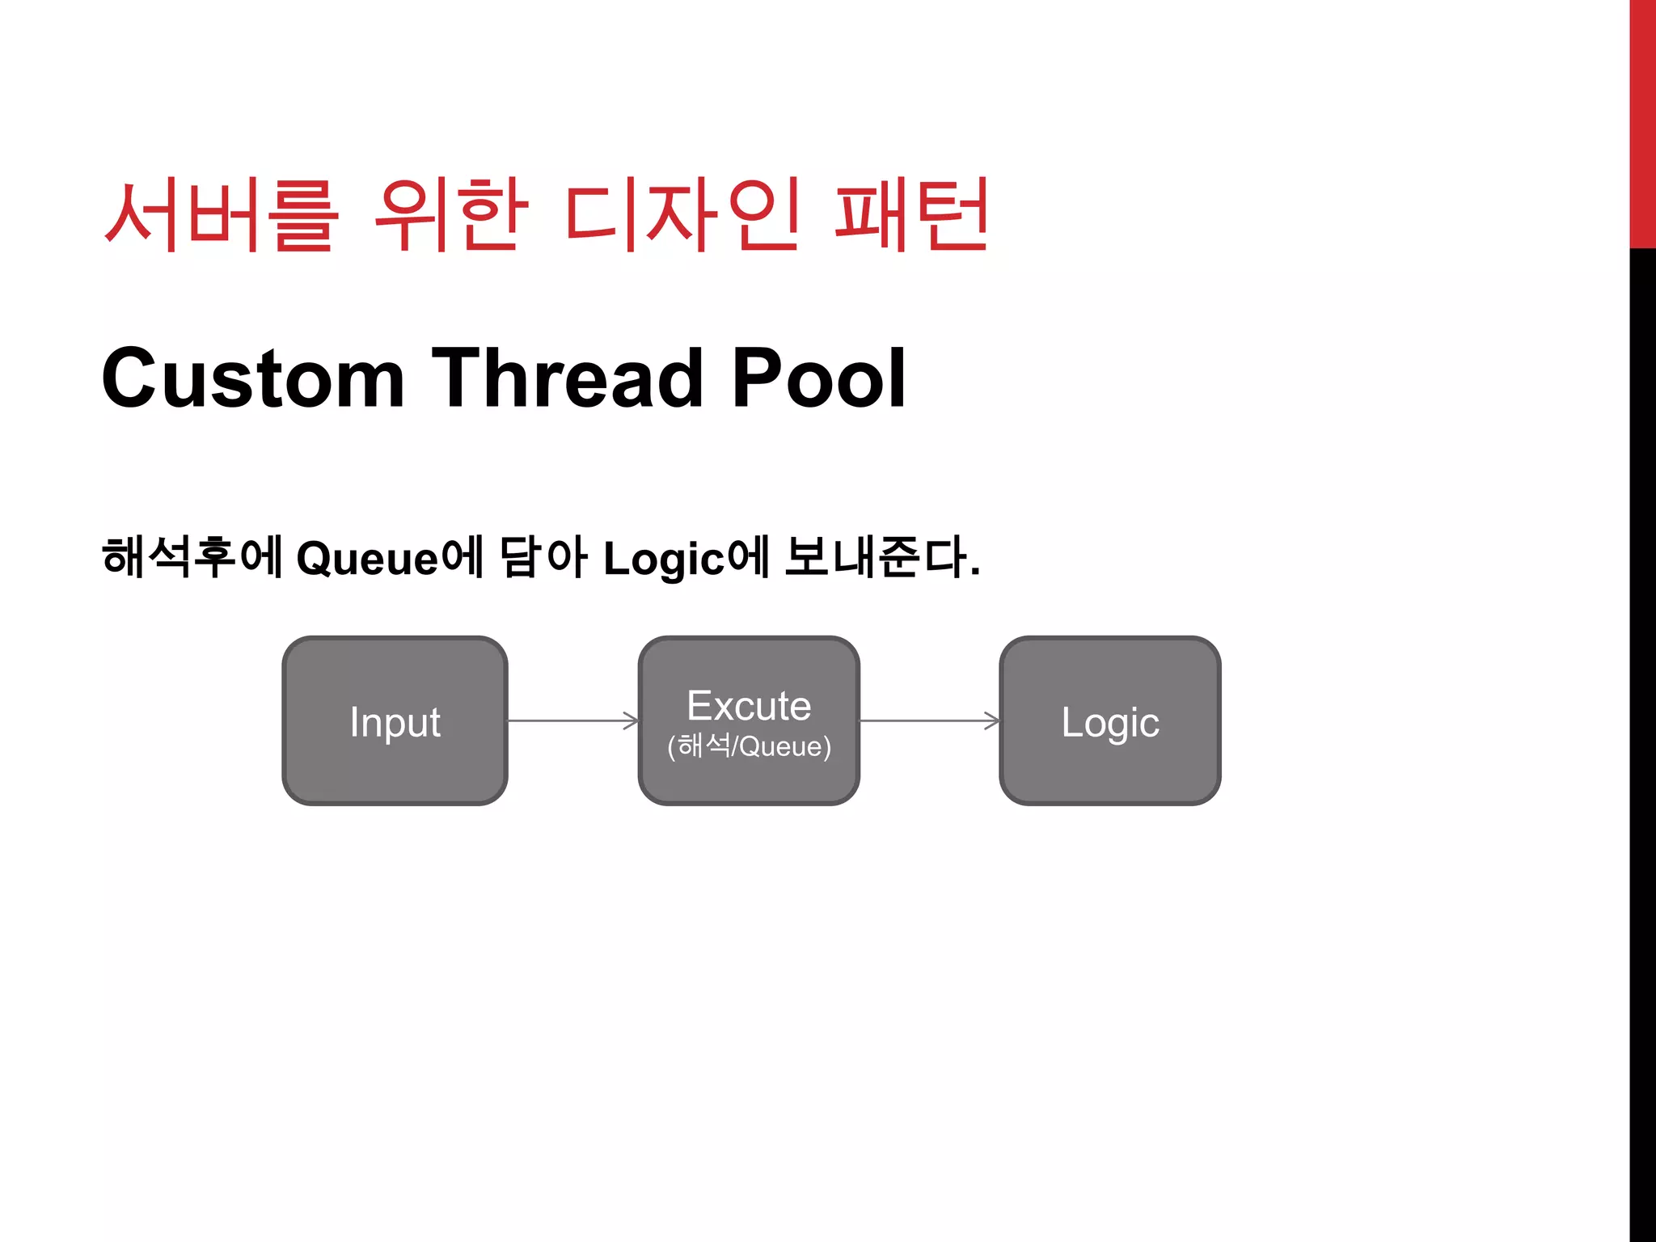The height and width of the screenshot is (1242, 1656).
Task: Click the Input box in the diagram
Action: [395, 720]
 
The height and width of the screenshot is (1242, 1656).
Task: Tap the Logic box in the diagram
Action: [1109, 720]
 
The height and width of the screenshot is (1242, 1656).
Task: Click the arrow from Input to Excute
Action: [572, 720]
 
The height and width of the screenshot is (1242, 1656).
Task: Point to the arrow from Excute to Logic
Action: [929, 720]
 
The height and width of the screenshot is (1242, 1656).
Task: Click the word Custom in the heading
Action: [253, 378]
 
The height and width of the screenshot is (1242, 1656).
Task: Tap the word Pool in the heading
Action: [818, 378]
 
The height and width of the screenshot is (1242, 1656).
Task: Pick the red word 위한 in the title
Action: [451, 215]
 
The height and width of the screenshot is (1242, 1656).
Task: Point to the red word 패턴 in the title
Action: [911, 215]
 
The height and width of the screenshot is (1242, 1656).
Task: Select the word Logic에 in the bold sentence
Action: [686, 558]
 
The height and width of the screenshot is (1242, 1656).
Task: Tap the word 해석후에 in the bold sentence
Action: [192, 558]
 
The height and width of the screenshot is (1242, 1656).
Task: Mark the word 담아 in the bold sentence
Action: [543, 558]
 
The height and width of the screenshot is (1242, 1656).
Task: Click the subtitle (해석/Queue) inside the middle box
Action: [749, 746]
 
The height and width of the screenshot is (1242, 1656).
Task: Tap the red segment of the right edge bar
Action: [1642, 121]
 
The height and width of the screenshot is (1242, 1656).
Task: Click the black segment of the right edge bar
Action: [1642, 728]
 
